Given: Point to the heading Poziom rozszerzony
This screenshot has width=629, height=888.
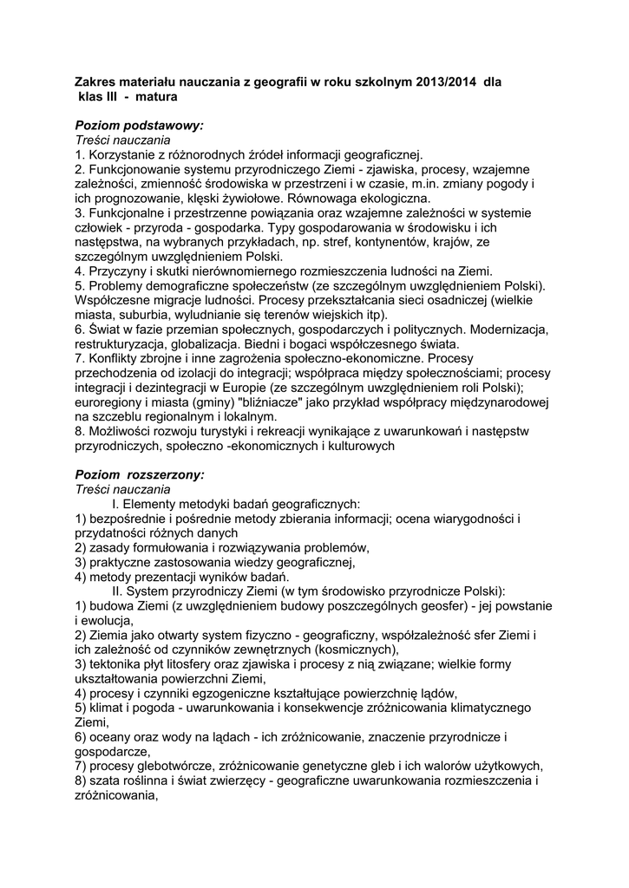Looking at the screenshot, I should tap(140, 474).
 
